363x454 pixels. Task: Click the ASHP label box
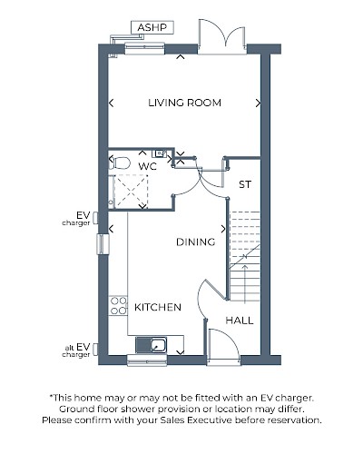tap(152, 27)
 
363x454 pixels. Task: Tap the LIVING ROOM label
tap(184, 103)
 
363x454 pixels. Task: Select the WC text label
tap(148, 166)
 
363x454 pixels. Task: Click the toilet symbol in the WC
tap(120, 163)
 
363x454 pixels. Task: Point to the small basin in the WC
tap(160, 153)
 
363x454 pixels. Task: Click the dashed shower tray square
tap(131, 191)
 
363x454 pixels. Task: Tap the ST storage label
tap(245, 184)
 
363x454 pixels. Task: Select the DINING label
tap(195, 242)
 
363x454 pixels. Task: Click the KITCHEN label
tap(158, 307)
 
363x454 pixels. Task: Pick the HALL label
tap(240, 321)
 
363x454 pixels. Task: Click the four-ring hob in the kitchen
tap(118, 306)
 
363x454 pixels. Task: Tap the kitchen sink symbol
tap(151, 345)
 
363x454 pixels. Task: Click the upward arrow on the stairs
tap(245, 283)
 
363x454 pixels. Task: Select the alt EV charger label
tap(76, 350)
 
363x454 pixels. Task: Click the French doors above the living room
tap(221, 37)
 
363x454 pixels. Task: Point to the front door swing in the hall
tap(224, 345)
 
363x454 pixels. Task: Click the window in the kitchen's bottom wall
tap(147, 360)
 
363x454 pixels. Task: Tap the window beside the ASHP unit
tap(144, 49)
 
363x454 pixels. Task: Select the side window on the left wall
tap(103, 244)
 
